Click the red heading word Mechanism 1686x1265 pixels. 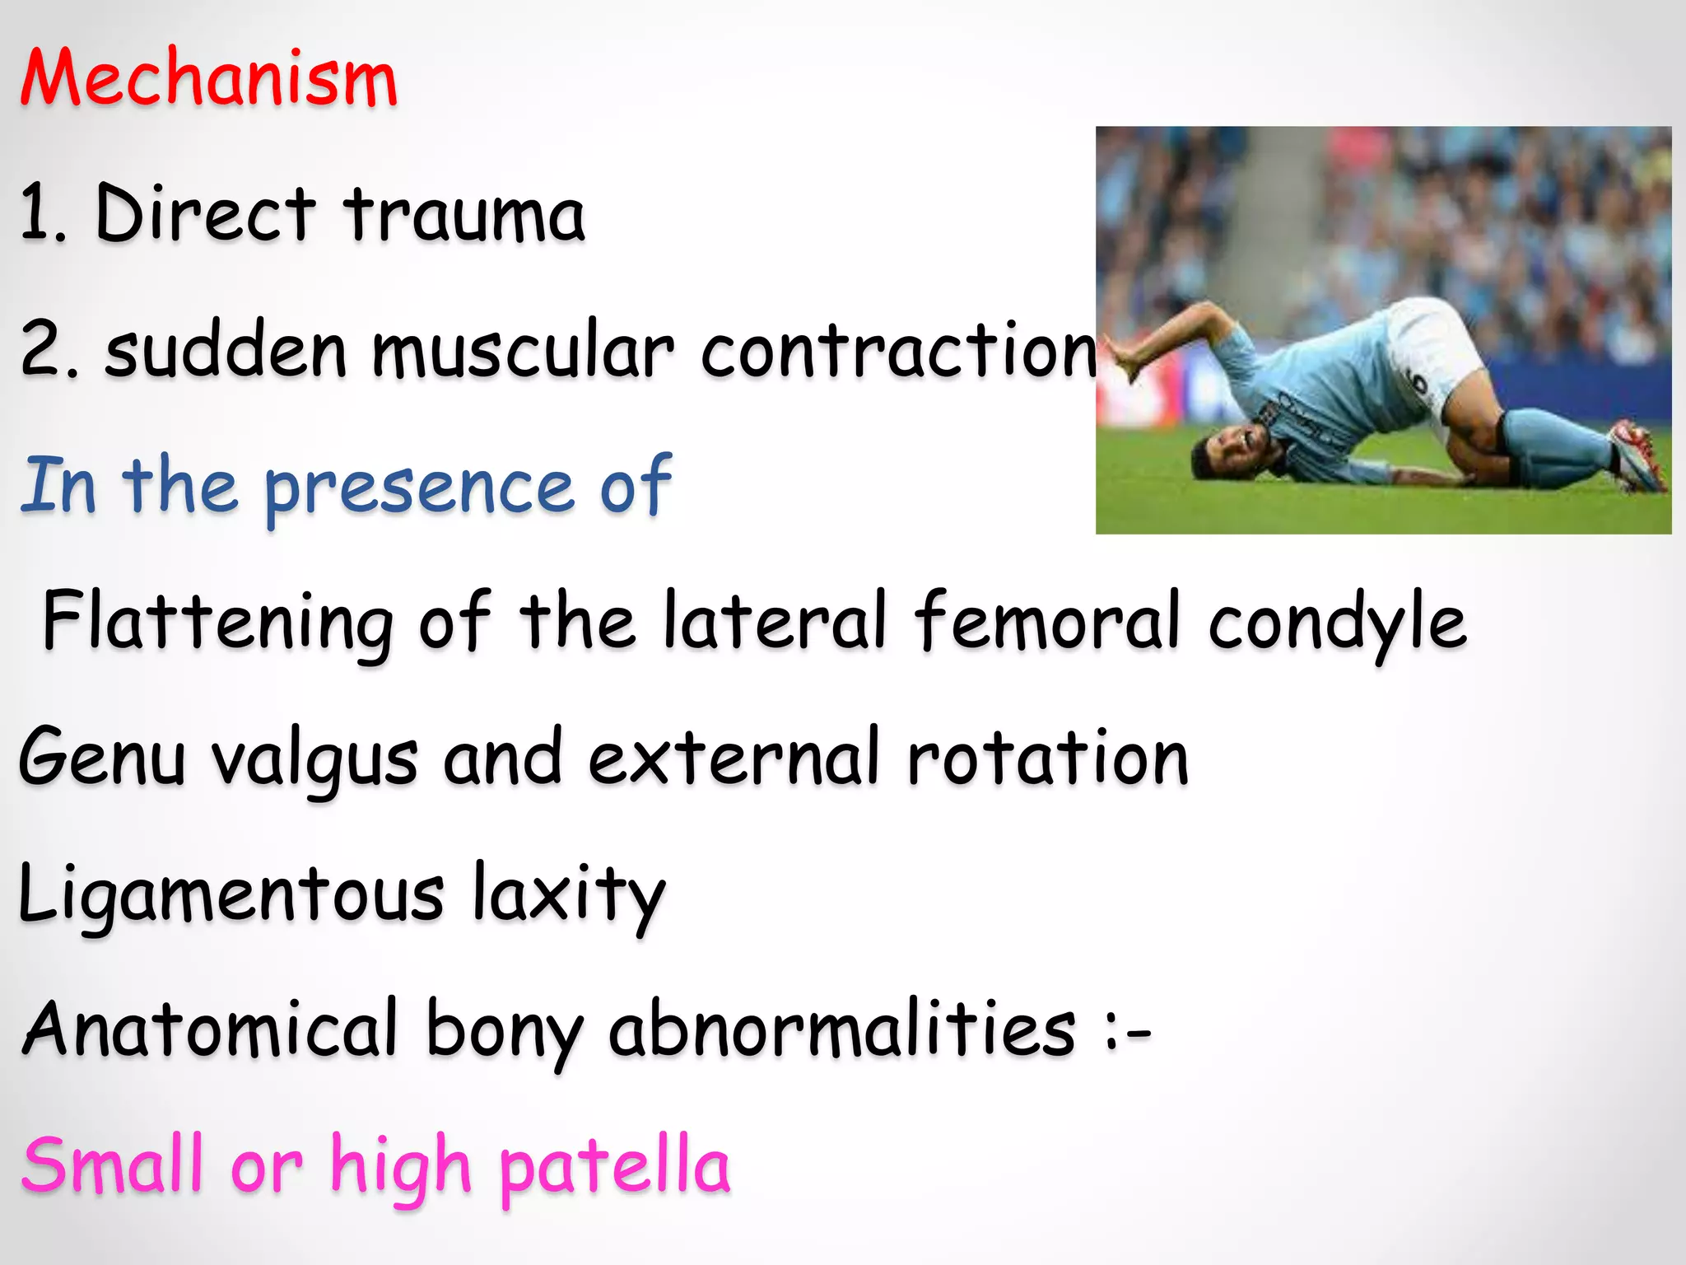[209, 78]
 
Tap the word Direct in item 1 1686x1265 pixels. [205, 213]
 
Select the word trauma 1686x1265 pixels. [464, 215]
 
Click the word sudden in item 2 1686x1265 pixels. [226, 351]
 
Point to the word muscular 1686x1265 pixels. [524, 352]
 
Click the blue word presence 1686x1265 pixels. [418, 488]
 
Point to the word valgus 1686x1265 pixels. [315, 759]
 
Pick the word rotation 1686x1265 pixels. [1047, 758]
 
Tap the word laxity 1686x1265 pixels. [568, 894]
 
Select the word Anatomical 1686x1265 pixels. [211, 1029]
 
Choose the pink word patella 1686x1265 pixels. [614, 1166]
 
